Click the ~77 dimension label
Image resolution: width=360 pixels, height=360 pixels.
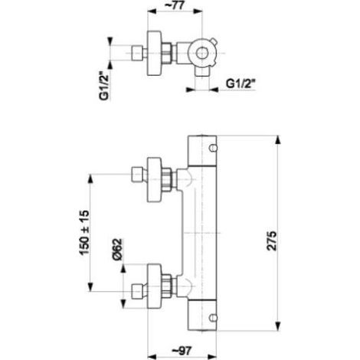pos(175,6)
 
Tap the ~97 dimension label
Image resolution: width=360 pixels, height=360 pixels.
pos(182,351)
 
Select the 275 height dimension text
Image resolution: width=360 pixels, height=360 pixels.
pos(271,241)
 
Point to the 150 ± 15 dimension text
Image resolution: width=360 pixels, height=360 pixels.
pos(84,232)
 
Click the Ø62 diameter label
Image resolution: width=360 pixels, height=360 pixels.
pos(118,249)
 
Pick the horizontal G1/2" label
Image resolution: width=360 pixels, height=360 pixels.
pos(241,83)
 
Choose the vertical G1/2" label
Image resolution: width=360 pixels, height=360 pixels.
pos(104,86)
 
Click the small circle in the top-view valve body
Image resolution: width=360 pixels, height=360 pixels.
pos(201,54)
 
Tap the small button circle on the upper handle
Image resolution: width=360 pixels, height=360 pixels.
pos(213,148)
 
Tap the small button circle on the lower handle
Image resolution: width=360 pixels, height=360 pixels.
pos(213,318)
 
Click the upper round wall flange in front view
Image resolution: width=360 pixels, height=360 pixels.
pos(155,179)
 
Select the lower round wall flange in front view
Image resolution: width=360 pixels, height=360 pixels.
pos(155,286)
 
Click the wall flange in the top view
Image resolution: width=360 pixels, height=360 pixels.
pos(155,54)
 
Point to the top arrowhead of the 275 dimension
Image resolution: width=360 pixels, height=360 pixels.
pos(278,140)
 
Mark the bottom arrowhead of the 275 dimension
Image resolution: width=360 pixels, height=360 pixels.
pos(278,326)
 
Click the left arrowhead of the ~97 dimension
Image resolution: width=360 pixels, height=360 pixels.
pos(152,356)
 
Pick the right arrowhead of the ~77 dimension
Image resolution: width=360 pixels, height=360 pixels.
pos(198,11)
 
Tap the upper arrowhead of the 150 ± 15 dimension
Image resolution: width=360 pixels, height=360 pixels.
pos(90,178)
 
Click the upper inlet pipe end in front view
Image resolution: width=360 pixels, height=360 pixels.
pos(136,175)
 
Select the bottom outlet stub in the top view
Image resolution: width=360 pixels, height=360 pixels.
pos(201,71)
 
